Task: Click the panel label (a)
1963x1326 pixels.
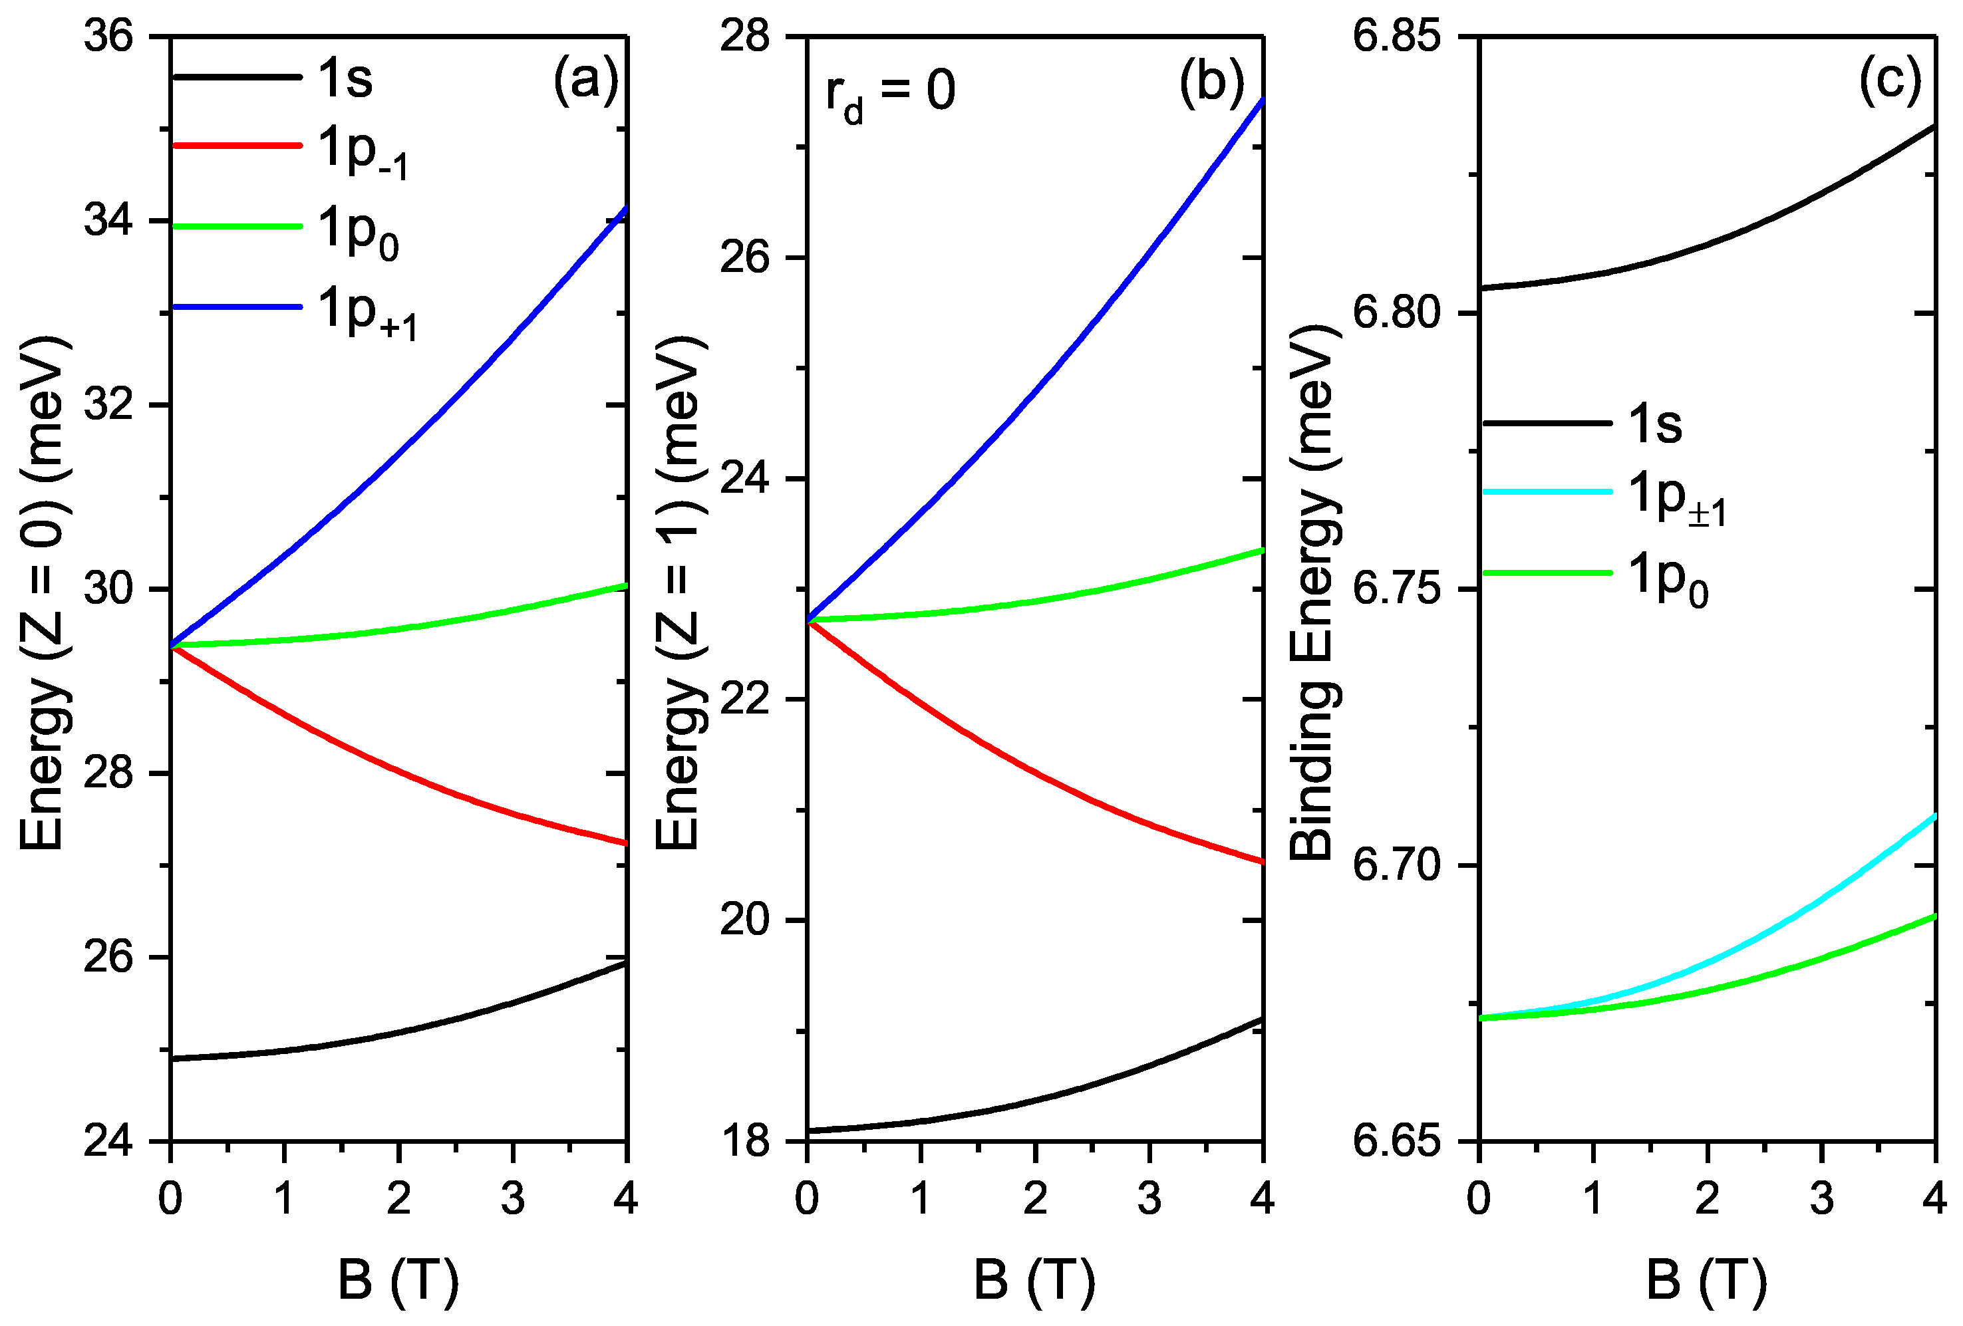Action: click(585, 81)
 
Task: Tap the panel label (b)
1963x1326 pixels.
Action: click(1211, 82)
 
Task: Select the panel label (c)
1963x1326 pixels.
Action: click(1890, 81)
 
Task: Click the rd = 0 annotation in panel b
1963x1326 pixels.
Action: click(890, 93)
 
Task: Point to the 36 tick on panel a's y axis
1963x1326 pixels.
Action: click(109, 37)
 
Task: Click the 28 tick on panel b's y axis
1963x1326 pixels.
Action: click(745, 37)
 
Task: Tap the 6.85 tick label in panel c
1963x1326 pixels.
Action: click(1396, 37)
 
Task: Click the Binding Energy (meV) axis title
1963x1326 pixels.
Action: click(1314, 591)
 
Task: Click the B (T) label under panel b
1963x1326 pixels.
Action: click(1034, 1279)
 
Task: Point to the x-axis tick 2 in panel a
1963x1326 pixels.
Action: click(398, 1198)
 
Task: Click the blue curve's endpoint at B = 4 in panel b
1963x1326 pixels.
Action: click(1262, 100)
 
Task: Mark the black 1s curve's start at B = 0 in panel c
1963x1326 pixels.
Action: click(1480, 289)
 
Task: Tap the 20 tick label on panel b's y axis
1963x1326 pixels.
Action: click(745, 920)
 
